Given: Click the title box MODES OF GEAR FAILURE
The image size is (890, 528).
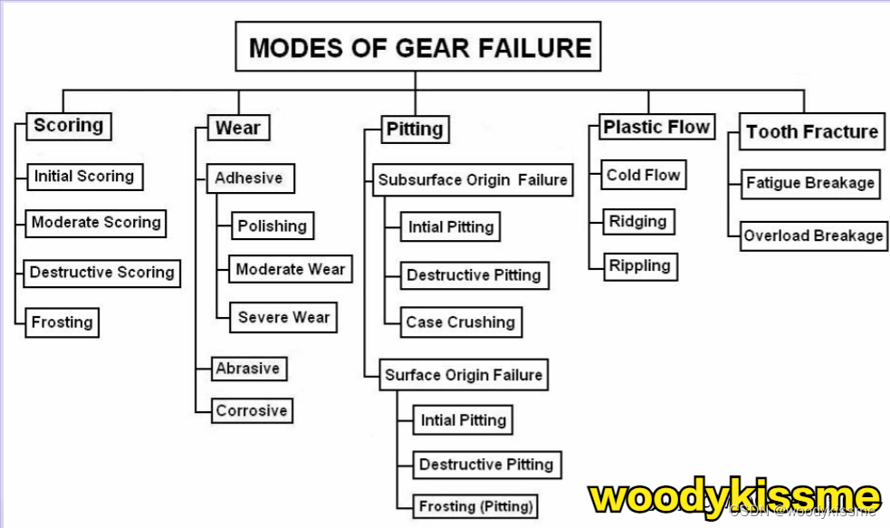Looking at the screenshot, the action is [419, 47].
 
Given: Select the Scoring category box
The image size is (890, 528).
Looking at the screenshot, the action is [68, 126].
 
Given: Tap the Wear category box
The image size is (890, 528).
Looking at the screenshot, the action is [237, 129].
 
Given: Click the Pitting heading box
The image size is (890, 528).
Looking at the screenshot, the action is [415, 129].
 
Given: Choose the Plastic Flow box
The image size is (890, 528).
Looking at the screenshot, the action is [656, 128].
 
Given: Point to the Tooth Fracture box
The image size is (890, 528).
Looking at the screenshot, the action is [812, 131].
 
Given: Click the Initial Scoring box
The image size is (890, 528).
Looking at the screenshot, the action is [83, 177].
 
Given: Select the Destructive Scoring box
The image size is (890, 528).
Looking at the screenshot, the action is [101, 273].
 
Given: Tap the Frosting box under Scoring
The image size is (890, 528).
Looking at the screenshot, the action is [62, 322].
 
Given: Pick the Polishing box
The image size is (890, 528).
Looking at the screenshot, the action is [272, 226].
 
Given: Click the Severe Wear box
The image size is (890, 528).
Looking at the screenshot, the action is [283, 318].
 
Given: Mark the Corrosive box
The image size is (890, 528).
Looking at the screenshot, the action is [251, 410].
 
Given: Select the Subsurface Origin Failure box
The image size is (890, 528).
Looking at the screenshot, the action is [473, 180].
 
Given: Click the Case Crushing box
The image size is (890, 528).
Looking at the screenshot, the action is [460, 322].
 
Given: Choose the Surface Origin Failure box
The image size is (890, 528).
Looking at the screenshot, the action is [464, 375].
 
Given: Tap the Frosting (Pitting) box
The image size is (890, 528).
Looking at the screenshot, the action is [475, 505].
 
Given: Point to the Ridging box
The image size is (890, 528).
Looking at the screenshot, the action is [637, 221].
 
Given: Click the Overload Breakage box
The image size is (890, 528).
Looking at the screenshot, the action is [813, 235].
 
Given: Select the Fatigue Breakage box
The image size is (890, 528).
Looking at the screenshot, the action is [809, 183].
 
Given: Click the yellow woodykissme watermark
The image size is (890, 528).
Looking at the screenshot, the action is [734, 496].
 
